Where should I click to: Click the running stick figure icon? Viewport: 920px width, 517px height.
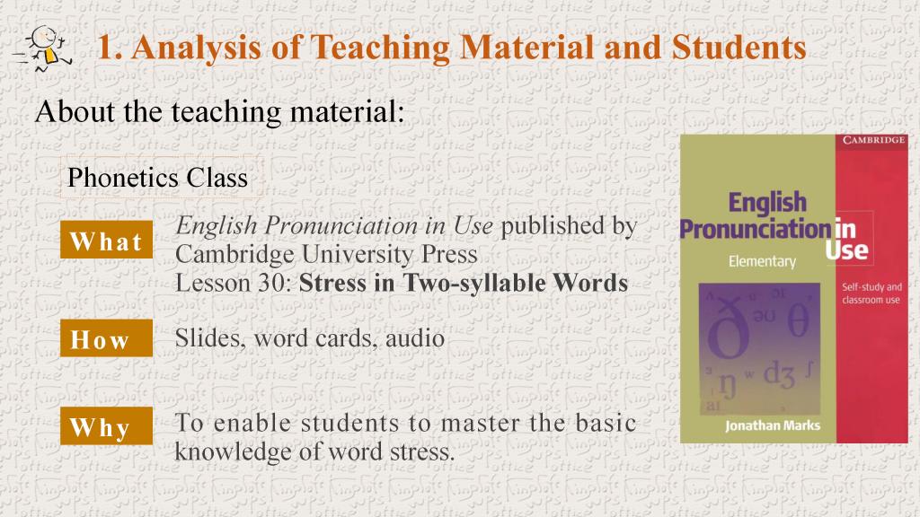[43, 48]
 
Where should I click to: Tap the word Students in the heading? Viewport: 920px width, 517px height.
[739, 47]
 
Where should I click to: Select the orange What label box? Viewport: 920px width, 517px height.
[106, 240]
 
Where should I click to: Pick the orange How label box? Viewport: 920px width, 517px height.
[106, 338]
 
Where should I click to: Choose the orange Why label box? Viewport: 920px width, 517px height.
[106, 425]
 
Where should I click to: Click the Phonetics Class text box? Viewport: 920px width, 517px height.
[158, 178]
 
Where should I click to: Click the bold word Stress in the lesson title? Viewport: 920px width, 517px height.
[332, 283]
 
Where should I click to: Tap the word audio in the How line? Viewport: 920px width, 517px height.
[415, 338]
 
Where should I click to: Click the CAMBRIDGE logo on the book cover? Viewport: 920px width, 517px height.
[873, 140]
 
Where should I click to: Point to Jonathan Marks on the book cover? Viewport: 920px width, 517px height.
[772, 425]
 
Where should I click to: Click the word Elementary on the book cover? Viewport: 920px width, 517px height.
[762, 261]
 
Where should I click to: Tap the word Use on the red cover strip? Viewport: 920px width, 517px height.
[846, 250]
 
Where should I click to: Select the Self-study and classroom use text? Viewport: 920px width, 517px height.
[871, 294]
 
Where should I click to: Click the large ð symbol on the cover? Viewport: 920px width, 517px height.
[730, 329]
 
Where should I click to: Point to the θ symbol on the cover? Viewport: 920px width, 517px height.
[798, 320]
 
